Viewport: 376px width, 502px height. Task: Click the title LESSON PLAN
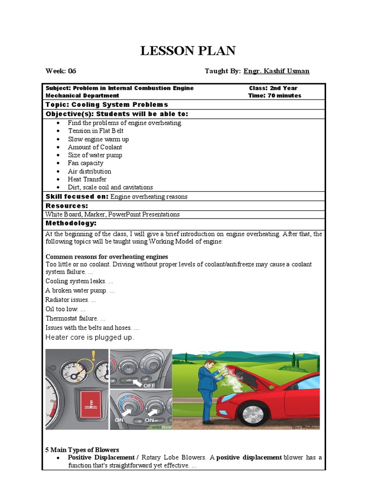pos(188,50)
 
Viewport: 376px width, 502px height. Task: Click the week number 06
pos(72,71)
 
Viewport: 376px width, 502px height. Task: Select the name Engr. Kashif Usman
pos(277,71)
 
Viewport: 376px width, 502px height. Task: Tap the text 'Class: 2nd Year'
pos(273,88)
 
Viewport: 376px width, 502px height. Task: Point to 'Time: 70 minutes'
pos(274,96)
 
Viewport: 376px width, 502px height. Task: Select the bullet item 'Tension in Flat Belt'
pos(95,131)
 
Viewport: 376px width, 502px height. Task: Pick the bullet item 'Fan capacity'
pos(86,163)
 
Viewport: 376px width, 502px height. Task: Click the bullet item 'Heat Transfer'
pos(87,179)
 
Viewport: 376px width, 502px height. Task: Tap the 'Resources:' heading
pos(67,206)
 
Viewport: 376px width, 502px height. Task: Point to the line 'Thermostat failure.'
pos(75,318)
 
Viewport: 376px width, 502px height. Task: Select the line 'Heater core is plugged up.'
pos(90,337)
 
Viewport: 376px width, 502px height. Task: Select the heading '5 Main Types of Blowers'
pos(82,450)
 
